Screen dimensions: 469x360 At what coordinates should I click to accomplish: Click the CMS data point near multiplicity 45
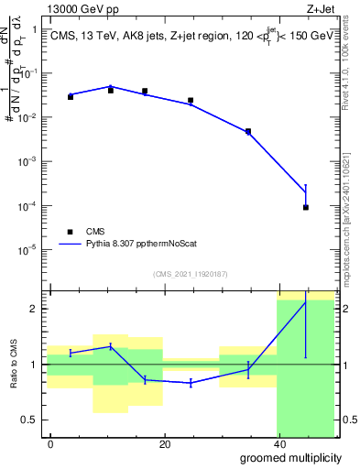pos(306,208)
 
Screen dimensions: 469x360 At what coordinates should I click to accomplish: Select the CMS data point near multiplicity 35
pos(247,132)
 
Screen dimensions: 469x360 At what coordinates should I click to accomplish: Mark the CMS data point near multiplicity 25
pos(191,101)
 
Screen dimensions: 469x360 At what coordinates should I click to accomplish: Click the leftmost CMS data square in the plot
pos(71,96)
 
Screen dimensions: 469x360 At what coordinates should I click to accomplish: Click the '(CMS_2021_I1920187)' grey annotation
pos(190,273)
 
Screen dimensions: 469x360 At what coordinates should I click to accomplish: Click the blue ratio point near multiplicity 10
pos(110,346)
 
